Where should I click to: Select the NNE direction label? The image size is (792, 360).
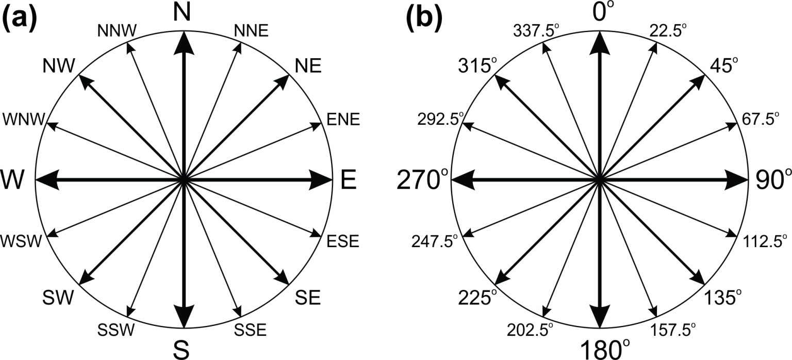[251, 31]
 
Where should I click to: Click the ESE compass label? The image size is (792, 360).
[343, 241]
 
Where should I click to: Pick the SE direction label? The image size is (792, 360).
[308, 298]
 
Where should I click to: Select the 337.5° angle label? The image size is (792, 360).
[536, 31]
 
